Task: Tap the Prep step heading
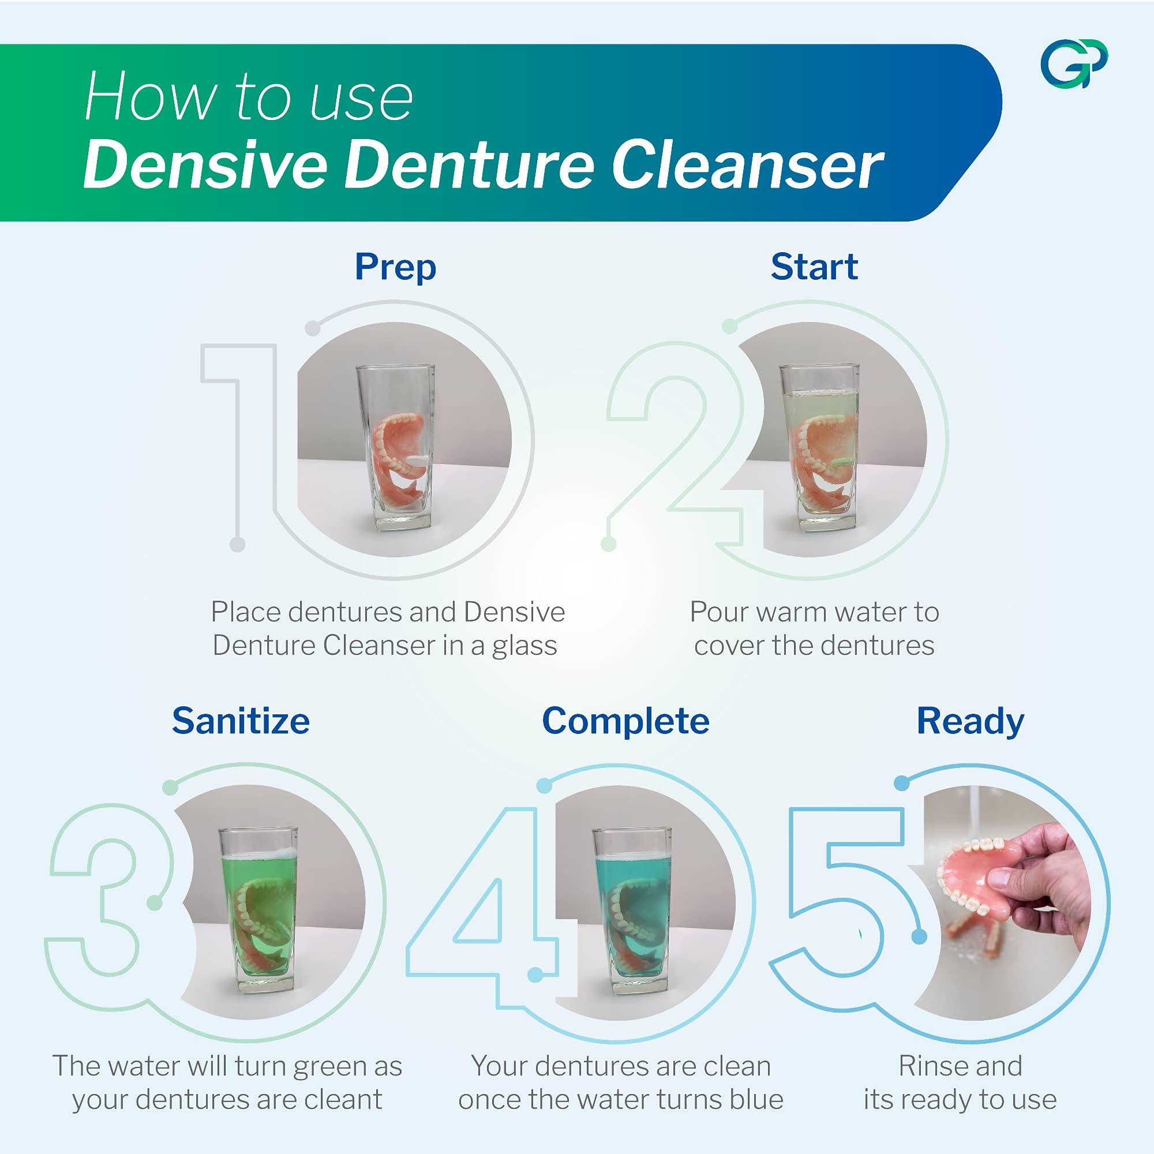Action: (395, 267)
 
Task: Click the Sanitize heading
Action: (241, 721)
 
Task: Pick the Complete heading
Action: (625, 721)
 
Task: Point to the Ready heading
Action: (970, 721)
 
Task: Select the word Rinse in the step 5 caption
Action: (930, 1066)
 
